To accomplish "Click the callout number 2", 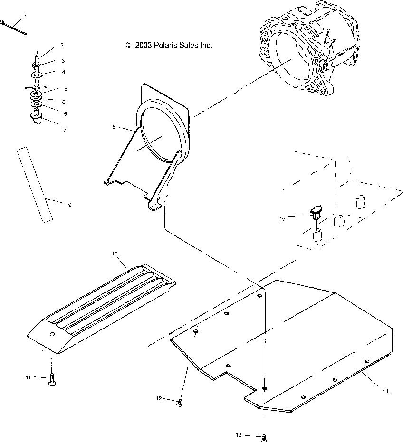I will click(62, 45).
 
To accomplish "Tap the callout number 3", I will click(63, 61).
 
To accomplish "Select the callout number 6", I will click(63, 102).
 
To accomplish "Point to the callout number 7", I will click(65, 129).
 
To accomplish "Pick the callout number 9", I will click(69, 205).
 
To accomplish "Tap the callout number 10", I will click(115, 254).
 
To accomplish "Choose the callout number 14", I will click(385, 391).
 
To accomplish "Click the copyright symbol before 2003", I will click(129, 46).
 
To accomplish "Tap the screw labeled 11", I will click(52, 380).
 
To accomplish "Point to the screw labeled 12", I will click(180, 403).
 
